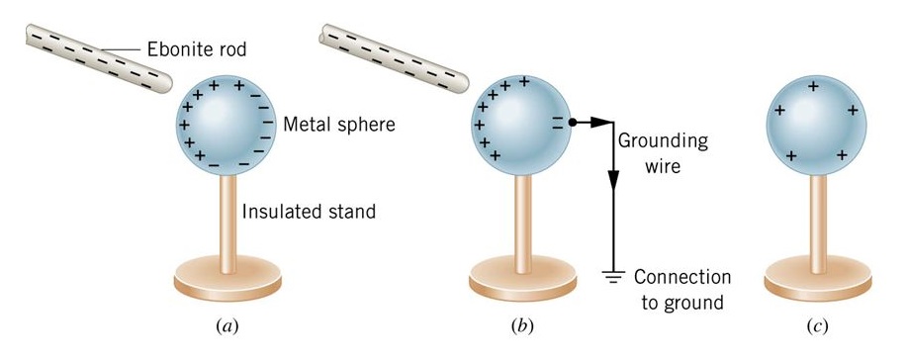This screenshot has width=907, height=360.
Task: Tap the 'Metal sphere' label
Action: point(337,126)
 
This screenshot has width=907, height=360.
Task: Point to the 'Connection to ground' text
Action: point(681,288)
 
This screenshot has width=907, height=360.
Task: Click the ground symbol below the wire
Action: point(613,279)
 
